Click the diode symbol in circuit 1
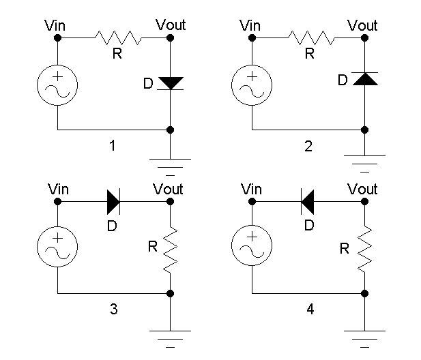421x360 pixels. click(170, 82)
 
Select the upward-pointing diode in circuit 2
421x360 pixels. click(366, 79)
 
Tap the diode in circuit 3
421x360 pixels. click(114, 201)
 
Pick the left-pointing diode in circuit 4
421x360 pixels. click(308, 201)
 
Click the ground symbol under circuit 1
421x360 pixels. click(170, 162)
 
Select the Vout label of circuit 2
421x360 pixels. click(362, 26)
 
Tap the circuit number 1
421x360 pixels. click(113, 145)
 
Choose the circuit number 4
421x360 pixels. click(310, 309)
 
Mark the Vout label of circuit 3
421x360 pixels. click(168, 188)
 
